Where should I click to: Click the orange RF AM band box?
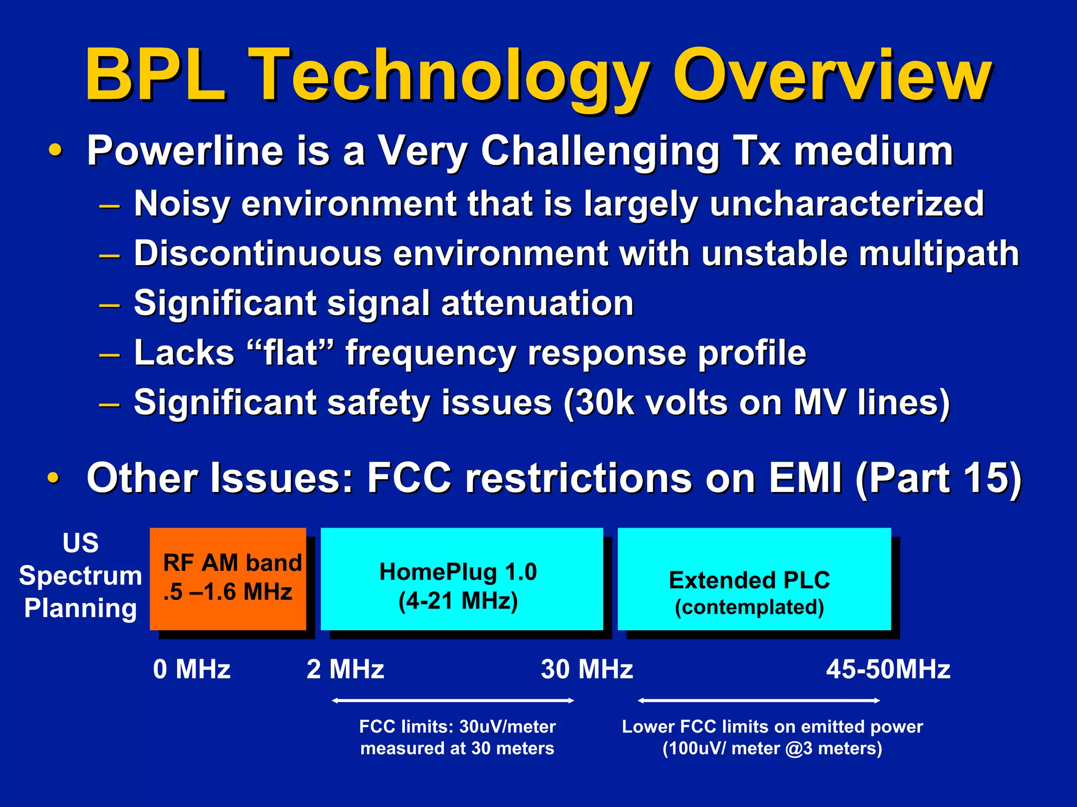coord(228,579)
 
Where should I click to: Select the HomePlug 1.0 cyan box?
coord(461,579)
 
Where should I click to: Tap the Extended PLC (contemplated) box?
coord(754,579)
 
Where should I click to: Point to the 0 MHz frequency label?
coord(191,670)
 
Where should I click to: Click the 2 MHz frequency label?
coord(345,670)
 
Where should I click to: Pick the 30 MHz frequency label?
coord(587,670)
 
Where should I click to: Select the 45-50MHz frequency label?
coord(888,670)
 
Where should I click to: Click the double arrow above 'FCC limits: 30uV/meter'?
coord(453,700)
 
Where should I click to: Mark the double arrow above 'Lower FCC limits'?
coord(758,700)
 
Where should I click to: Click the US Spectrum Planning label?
coord(80,576)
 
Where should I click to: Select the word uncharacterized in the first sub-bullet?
coord(846,204)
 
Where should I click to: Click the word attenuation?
coord(537,304)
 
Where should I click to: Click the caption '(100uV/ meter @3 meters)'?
coord(772,748)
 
